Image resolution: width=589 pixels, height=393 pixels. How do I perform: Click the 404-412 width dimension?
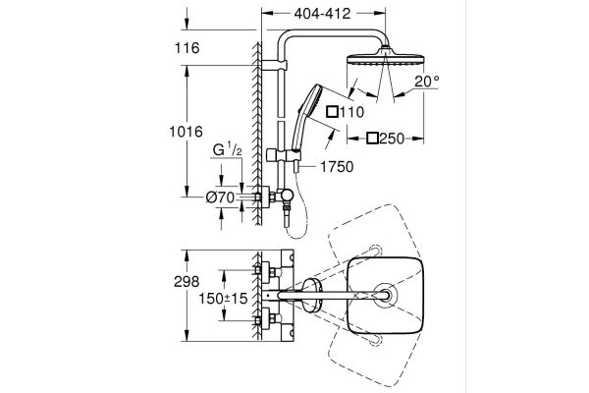coord(322,14)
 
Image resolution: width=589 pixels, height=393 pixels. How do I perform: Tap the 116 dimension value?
coord(187,48)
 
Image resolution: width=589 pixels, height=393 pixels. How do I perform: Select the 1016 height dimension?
coord(186,132)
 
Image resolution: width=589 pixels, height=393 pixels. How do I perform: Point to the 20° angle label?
coord(427,81)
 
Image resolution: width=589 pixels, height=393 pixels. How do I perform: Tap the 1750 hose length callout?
coord(337,167)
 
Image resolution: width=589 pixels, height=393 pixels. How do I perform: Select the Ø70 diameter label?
coord(221,197)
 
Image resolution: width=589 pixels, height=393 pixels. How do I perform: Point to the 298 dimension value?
coord(187,282)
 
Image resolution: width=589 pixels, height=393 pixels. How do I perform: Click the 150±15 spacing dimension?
coord(223,299)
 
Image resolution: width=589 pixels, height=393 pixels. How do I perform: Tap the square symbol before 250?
coord(373,139)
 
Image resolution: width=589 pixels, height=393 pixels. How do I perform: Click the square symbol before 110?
coord(333,112)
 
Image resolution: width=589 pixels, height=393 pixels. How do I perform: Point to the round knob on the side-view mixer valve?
coord(288,195)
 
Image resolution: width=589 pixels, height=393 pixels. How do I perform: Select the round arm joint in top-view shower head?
coord(386,295)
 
